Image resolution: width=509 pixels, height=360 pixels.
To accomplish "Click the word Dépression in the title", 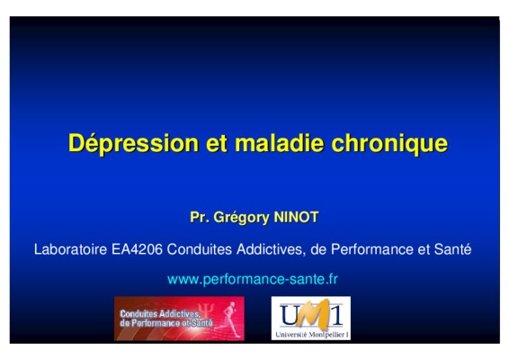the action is (x=133, y=143).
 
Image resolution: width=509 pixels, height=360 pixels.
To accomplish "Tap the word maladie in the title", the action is (x=279, y=142).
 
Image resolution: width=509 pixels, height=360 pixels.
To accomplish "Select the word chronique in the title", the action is (x=389, y=143).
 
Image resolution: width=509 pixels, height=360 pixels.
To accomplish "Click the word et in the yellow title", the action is (x=217, y=143).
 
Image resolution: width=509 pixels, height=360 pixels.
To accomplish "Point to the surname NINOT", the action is (x=296, y=217).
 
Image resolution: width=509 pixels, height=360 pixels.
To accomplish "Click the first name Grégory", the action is (x=242, y=218).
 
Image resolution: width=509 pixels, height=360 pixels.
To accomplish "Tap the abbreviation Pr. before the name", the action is (x=200, y=217).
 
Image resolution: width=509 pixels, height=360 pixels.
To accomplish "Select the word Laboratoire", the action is (x=70, y=249).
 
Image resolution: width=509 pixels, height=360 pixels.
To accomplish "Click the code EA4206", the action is (x=137, y=249).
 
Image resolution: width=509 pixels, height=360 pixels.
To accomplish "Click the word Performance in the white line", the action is (x=372, y=249).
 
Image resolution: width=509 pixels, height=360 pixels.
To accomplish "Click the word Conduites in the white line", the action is (x=200, y=249).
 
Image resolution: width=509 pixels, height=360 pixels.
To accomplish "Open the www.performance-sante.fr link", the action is (x=253, y=279).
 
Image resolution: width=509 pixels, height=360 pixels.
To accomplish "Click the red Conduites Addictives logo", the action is (x=179, y=319).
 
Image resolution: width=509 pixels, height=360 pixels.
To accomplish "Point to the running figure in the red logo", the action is (x=228, y=320).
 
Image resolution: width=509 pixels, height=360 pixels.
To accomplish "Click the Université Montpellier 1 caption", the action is (x=312, y=334).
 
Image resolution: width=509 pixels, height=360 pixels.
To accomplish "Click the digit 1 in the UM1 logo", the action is (x=336, y=314).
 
